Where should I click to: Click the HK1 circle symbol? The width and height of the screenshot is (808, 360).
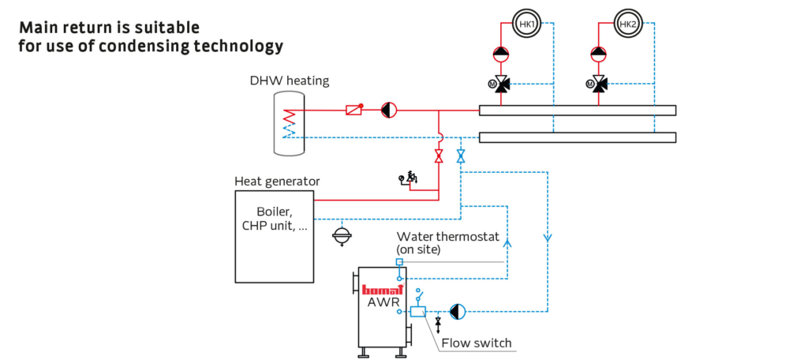(x=526, y=24)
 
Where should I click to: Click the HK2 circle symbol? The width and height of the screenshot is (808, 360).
(x=627, y=24)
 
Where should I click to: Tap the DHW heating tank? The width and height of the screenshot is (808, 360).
(x=289, y=122)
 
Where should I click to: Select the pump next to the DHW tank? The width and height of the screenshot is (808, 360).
(x=388, y=111)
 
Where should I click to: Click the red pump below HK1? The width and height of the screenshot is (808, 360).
(x=501, y=54)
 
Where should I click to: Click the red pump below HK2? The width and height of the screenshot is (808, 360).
(x=600, y=54)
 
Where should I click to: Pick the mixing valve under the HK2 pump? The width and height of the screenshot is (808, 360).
(x=600, y=84)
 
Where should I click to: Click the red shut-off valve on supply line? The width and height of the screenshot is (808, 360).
(x=439, y=156)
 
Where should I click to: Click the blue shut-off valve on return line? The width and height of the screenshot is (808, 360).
(x=461, y=156)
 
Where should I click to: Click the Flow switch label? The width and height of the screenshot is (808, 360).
(x=476, y=343)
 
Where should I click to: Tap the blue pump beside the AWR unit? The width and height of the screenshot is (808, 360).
(x=458, y=311)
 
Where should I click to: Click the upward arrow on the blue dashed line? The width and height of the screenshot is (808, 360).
(x=507, y=244)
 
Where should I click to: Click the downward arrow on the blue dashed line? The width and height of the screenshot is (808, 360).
(x=546, y=235)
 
